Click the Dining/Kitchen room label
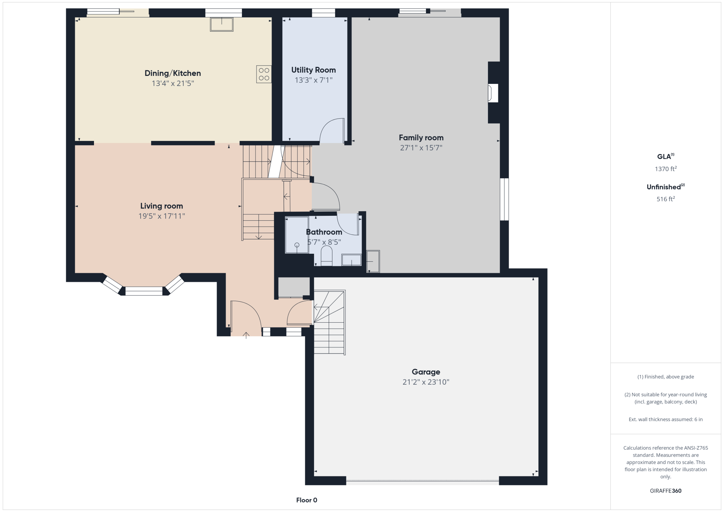(173, 73)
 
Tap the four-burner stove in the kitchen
(264, 74)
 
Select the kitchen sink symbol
(222, 24)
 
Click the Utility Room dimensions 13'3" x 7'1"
(314, 80)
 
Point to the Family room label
(421, 137)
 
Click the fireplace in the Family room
(493, 93)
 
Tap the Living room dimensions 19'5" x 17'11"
(162, 216)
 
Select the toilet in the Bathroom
(326, 256)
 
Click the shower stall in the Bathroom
(297, 235)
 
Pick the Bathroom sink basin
(352, 260)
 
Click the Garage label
(426, 372)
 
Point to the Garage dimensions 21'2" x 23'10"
(426, 382)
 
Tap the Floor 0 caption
(307, 500)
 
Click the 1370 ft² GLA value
(666, 169)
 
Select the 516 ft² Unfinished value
(666, 199)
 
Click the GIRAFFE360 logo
(666, 491)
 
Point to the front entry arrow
(246, 335)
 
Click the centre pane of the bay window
(144, 291)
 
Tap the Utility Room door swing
(332, 131)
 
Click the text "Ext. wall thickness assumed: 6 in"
(666, 419)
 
